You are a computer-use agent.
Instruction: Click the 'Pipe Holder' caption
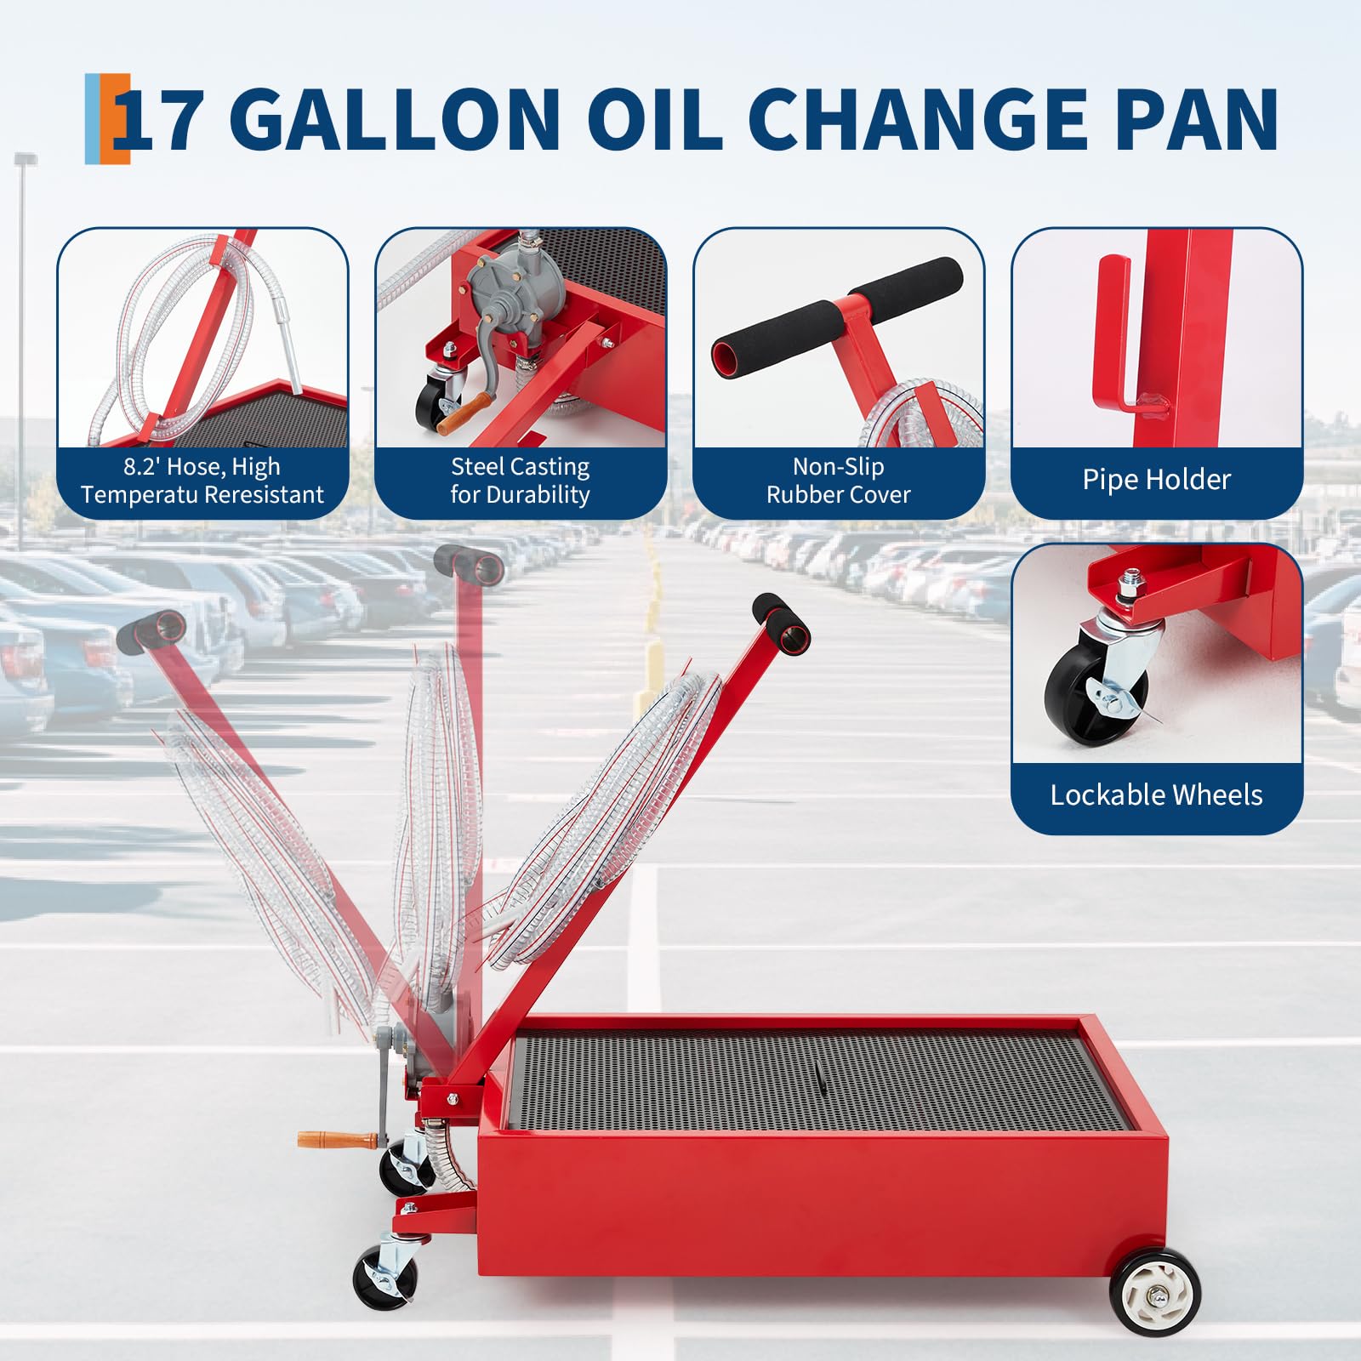tap(1156, 480)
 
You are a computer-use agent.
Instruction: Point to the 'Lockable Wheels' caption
tap(1156, 795)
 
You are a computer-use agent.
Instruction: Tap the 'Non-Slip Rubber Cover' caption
tap(838, 481)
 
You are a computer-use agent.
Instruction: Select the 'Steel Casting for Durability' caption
tap(520, 481)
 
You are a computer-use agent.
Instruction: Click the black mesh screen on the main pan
tap(808, 1080)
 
